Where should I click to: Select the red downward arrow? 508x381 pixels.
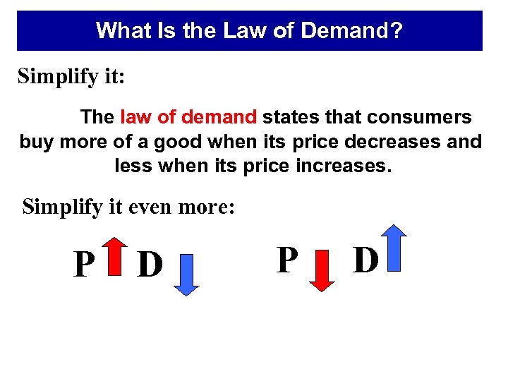[x=322, y=271]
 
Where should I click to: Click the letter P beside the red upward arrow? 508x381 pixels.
[x=85, y=265]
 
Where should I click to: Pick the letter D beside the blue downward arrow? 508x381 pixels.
[x=150, y=265]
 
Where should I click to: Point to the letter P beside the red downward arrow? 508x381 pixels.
[x=287, y=260]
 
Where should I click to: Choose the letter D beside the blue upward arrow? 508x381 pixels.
[x=366, y=260]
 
